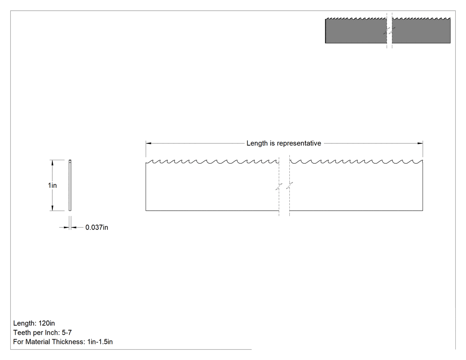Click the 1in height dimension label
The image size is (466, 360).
coord(52,186)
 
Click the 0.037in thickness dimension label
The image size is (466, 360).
coord(97,227)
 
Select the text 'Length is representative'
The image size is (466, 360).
coord(284,143)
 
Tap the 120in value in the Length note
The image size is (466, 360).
coord(47,323)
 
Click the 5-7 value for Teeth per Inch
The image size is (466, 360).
coord(67,332)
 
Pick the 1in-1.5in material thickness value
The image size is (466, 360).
coord(100,342)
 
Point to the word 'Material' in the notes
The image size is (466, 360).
coord(36,342)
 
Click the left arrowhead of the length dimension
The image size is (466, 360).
coord(149,143)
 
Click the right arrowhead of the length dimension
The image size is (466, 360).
coord(420,143)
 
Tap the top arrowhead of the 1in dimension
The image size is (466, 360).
coord(53,162)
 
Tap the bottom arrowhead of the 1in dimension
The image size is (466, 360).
coord(53,208)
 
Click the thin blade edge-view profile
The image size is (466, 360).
coord(70,185)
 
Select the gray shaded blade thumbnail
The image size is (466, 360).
coord(388,30)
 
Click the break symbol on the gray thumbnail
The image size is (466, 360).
coord(389,30)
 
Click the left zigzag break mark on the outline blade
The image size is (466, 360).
coord(279,187)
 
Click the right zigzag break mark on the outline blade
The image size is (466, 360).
coord(289,186)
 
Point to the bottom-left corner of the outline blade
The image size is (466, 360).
coord(146,211)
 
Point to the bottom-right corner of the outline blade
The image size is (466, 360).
coord(423,211)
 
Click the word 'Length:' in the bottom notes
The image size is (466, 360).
coord(25,324)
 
